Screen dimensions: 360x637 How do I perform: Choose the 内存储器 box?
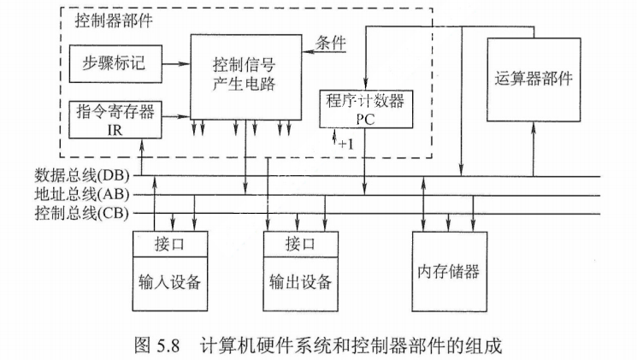coord(448,271)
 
